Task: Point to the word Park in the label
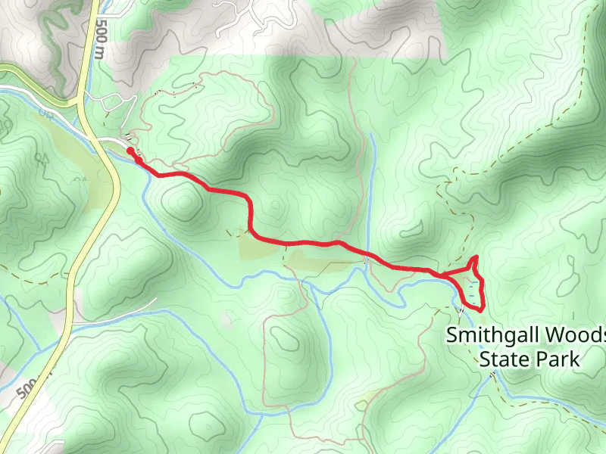pyautogui.click(x=559, y=358)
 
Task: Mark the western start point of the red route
pyautogui.click(x=130, y=151)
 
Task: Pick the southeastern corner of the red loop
pyautogui.click(x=482, y=308)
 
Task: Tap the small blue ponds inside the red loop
pyautogui.click(x=473, y=290)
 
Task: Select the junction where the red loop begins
pyautogui.click(x=440, y=273)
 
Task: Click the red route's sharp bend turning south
pyautogui.click(x=248, y=198)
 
